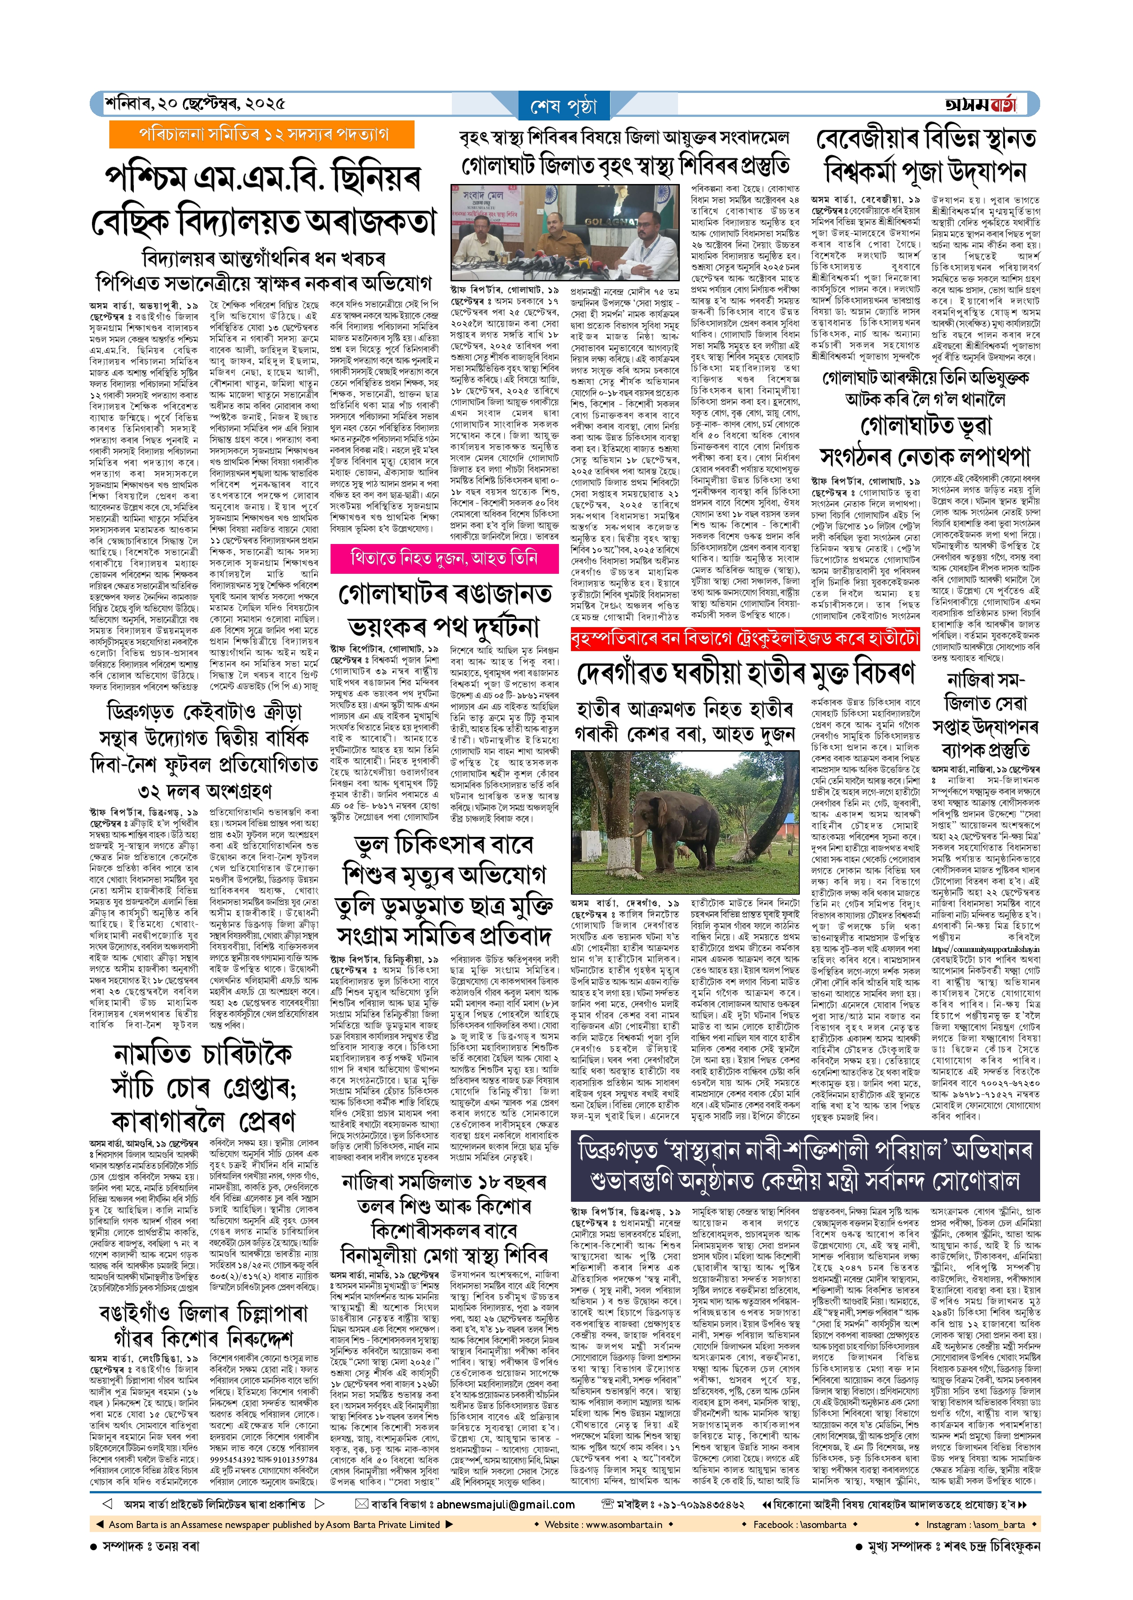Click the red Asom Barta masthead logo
point(980,104)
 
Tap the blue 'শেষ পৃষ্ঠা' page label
point(564,107)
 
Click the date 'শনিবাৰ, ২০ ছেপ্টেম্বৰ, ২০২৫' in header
point(195,104)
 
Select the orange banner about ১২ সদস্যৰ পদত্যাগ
point(262,135)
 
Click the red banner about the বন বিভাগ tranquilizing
point(744,639)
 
